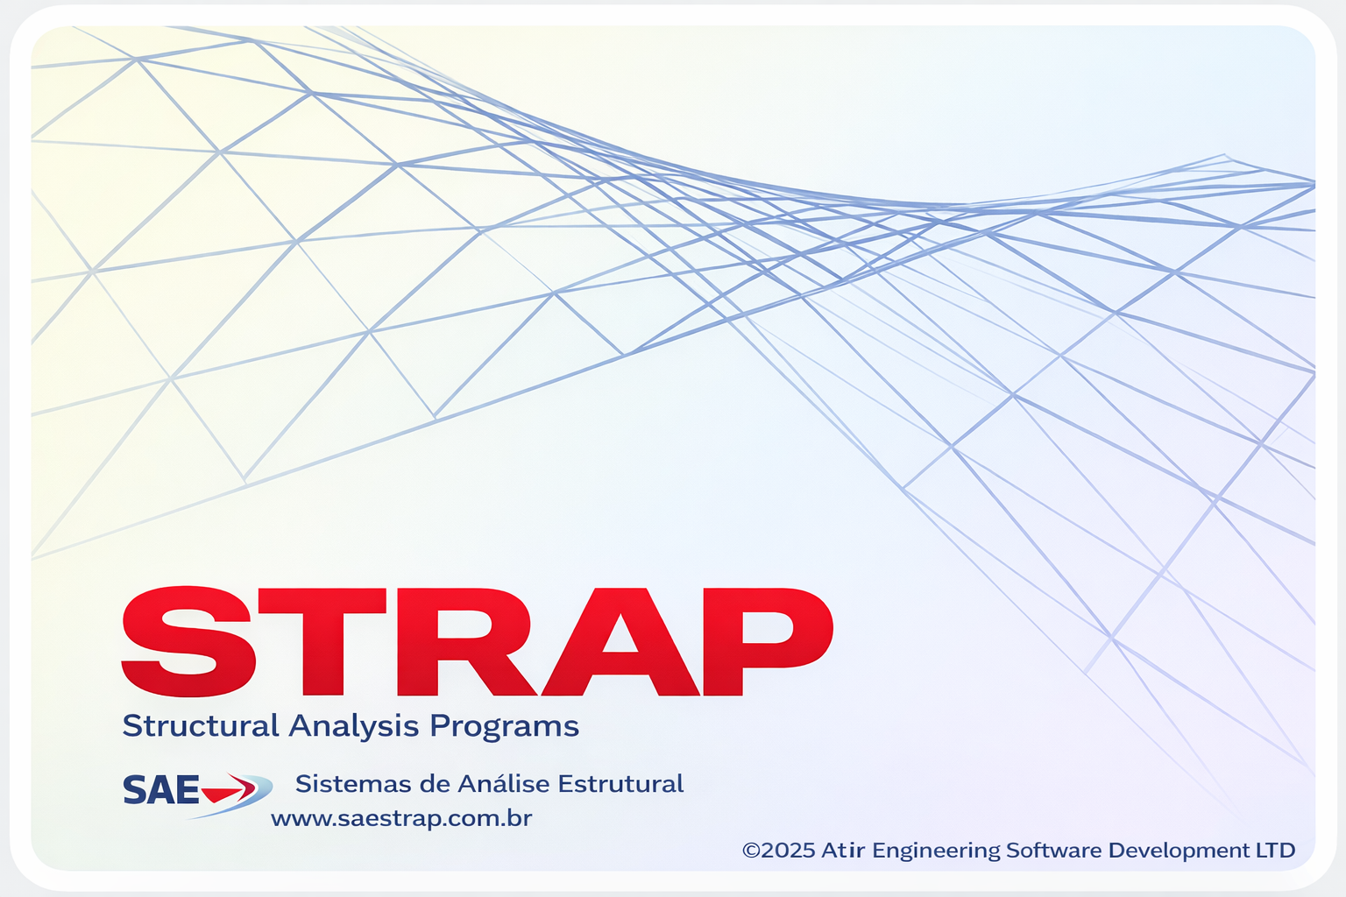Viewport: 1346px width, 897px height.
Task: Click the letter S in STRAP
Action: tap(188, 641)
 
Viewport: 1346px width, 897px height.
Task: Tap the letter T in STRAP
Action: tap(322, 642)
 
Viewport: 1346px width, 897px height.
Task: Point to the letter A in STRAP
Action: tap(620, 642)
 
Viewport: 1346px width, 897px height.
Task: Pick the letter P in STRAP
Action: tap(769, 642)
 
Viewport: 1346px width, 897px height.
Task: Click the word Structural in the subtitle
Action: tap(201, 725)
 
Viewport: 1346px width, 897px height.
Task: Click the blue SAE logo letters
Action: tap(160, 789)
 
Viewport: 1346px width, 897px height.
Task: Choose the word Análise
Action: tap(504, 783)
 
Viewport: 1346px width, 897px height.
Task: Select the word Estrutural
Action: tap(620, 784)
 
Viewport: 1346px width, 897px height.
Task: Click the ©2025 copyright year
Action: tap(779, 851)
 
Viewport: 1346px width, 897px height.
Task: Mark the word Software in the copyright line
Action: tap(1054, 851)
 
